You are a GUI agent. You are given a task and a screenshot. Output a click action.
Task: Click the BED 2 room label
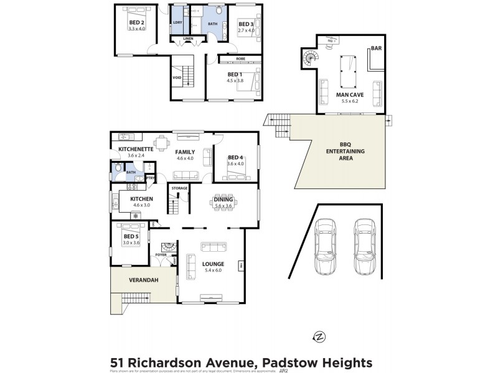tap(136, 23)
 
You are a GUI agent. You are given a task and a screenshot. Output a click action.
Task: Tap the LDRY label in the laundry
tap(177, 23)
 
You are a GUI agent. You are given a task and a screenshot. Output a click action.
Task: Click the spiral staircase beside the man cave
tap(309, 60)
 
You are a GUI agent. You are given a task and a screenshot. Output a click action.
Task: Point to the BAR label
tap(375, 48)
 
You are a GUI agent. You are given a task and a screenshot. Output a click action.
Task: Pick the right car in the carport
tap(365, 246)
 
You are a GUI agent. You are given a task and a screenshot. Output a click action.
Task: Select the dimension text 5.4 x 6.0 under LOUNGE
tap(214, 271)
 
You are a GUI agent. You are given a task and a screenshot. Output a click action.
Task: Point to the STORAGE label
tap(179, 188)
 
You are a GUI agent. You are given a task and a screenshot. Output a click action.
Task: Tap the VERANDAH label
tap(144, 280)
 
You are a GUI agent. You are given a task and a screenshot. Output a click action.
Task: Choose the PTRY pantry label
tap(149, 178)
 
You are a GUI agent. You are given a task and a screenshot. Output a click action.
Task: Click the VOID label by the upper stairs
tap(177, 78)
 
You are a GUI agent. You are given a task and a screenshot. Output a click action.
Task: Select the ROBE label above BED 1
tap(240, 58)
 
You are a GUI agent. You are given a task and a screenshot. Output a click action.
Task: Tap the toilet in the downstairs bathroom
tap(118, 167)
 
